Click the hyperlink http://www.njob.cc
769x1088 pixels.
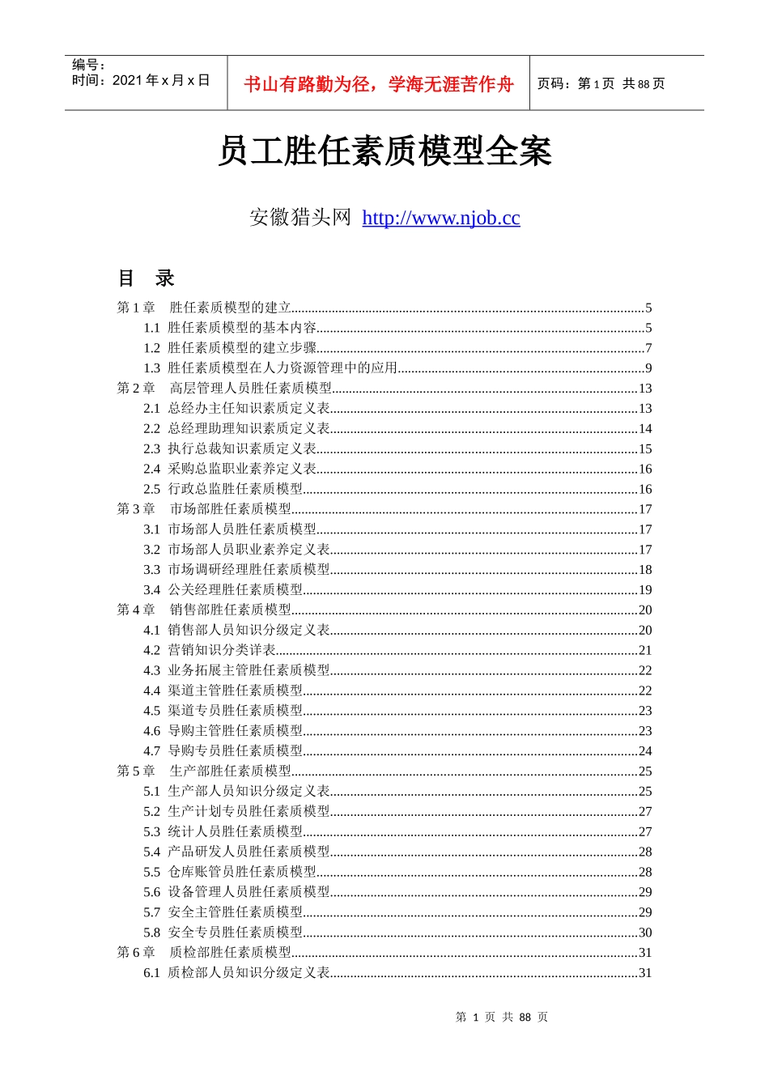(440, 218)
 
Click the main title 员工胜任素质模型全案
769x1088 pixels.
(384, 151)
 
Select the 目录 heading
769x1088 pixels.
(147, 278)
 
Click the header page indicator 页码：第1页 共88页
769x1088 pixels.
(601, 84)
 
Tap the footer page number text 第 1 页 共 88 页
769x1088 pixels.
(502, 1017)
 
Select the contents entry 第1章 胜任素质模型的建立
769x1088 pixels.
(204, 308)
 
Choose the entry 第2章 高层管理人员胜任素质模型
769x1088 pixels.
(224, 388)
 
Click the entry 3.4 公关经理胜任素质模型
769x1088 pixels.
(223, 589)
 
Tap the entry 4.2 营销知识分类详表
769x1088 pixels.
(210, 650)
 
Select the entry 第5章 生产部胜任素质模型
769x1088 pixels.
(204, 771)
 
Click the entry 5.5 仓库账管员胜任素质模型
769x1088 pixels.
(231, 872)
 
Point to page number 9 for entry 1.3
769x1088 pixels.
(648, 368)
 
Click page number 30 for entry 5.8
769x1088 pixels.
(645, 933)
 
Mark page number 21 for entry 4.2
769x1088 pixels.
(645, 650)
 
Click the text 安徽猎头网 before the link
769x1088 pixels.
(300, 218)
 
